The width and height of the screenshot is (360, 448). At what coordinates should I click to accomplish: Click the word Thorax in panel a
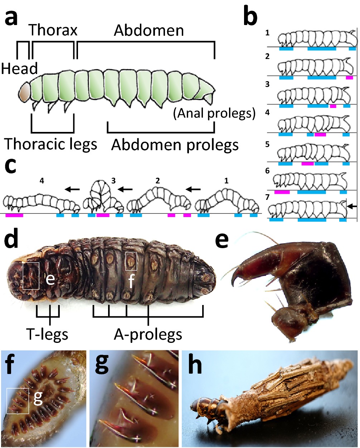click(53, 30)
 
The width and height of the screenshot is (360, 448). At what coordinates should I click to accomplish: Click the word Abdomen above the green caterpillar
click(149, 31)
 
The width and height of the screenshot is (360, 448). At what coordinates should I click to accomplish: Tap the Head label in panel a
click(19, 68)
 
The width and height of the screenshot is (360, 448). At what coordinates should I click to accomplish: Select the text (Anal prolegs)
click(214, 113)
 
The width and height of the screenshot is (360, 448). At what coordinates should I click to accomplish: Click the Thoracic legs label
click(51, 144)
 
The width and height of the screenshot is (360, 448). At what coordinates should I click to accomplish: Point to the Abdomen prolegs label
click(175, 145)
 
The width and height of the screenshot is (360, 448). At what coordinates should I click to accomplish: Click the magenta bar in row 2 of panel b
click(349, 77)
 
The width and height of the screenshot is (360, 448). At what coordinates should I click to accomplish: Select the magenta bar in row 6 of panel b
click(282, 192)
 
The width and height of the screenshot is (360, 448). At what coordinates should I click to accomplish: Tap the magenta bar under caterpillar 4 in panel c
click(14, 215)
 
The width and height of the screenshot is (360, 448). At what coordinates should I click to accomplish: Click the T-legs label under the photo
click(47, 334)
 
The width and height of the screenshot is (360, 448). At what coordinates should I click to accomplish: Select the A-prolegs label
click(148, 334)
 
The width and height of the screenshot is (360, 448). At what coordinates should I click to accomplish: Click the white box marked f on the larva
click(131, 261)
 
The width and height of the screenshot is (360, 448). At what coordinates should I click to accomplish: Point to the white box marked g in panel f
click(18, 401)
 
